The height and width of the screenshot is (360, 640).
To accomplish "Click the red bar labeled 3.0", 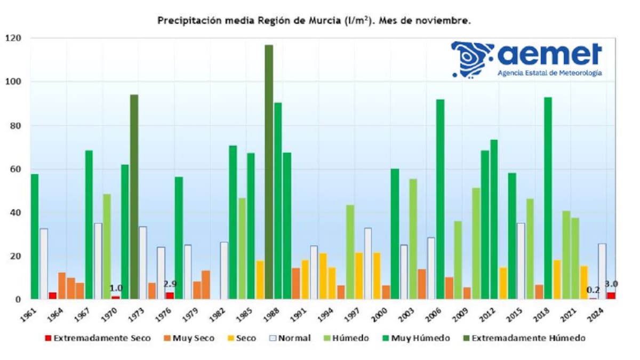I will click(611, 295).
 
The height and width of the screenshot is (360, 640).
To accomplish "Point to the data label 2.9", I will click(170, 284).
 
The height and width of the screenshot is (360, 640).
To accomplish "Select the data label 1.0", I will click(116, 288).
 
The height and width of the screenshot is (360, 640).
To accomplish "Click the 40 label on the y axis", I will click(15, 212).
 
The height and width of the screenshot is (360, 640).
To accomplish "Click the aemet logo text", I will click(549, 54).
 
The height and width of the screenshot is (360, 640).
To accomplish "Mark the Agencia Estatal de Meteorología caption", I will click(549, 73).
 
